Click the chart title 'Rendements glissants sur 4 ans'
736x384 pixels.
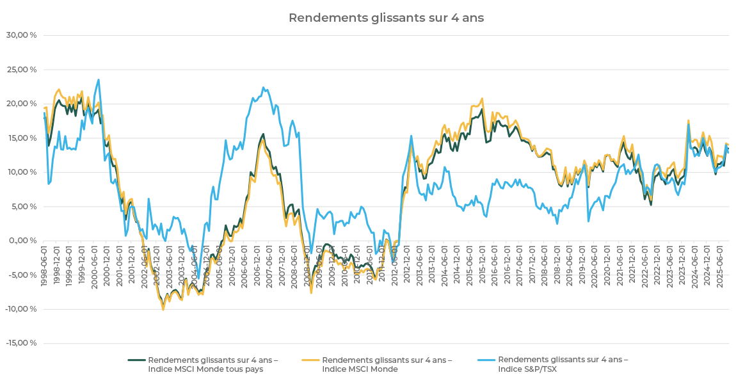tap(386, 18)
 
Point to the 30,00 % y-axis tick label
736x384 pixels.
tap(21, 35)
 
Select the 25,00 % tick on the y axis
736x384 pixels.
tap(21, 69)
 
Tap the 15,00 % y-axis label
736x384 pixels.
tap(21, 138)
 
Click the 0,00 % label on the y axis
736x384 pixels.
tap(23, 240)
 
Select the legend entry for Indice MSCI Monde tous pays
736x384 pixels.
tap(212, 364)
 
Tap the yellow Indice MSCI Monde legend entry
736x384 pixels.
tap(387, 364)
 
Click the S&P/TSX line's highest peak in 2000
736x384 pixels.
tap(99, 79)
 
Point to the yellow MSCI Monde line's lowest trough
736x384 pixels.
tap(163, 310)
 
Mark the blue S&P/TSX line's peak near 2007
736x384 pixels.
tap(263, 88)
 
